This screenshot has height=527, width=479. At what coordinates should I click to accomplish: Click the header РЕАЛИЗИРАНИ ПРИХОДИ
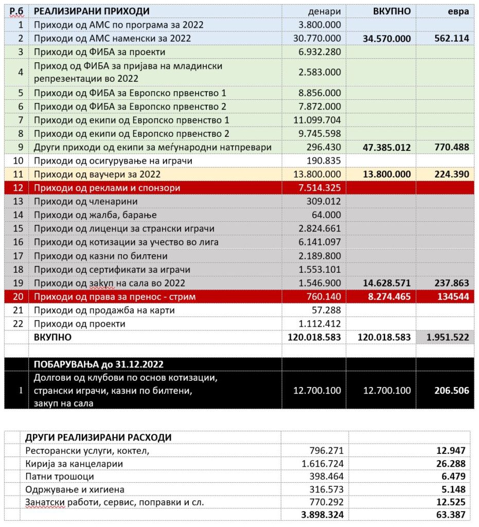point(92,11)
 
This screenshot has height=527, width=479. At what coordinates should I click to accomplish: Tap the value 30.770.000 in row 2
point(320,38)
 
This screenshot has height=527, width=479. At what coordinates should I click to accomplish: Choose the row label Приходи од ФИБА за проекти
point(99,52)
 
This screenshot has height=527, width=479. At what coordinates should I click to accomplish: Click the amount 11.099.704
point(320,120)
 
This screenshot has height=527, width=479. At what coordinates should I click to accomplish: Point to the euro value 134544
point(453,296)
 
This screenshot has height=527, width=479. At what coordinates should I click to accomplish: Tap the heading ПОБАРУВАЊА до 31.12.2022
point(99,364)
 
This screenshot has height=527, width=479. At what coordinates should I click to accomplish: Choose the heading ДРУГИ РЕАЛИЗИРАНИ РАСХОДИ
point(98,437)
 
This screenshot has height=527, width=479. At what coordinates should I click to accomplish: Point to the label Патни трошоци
point(60,477)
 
